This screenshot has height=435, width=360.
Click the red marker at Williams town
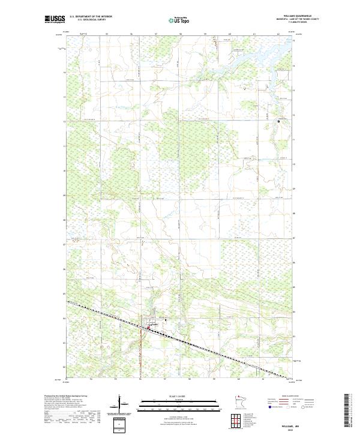pyautogui.click(x=149, y=328)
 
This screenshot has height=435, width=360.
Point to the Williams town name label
pyautogui.click(x=155, y=324)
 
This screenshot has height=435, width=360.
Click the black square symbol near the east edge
pyautogui.click(x=278, y=122)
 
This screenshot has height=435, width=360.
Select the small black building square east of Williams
pyautogui.click(x=166, y=320)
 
